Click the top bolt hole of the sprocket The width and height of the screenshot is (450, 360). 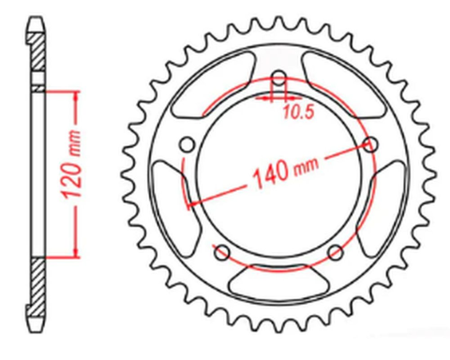(278, 78)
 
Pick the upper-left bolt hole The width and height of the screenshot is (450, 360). (187, 144)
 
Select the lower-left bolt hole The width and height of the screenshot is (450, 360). (221, 252)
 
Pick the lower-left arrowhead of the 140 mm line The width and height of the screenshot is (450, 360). (192, 204)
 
